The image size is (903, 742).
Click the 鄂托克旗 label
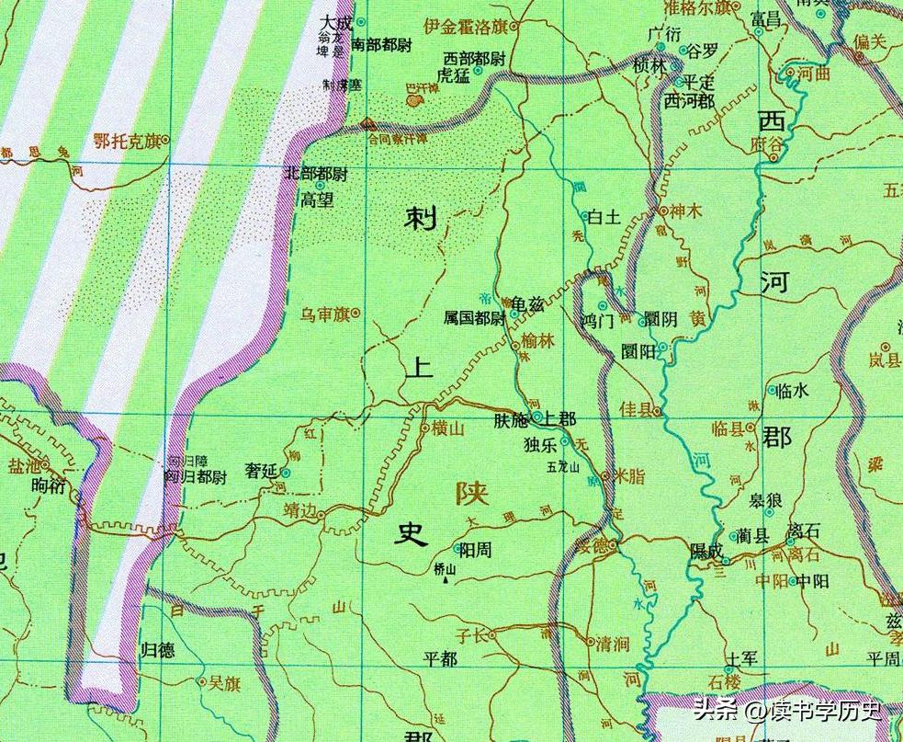[x=123, y=141]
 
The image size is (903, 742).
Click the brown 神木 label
[x=685, y=211]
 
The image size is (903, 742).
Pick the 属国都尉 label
[x=474, y=318]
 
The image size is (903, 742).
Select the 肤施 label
[x=511, y=419]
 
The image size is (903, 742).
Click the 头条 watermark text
[x=715, y=710]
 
